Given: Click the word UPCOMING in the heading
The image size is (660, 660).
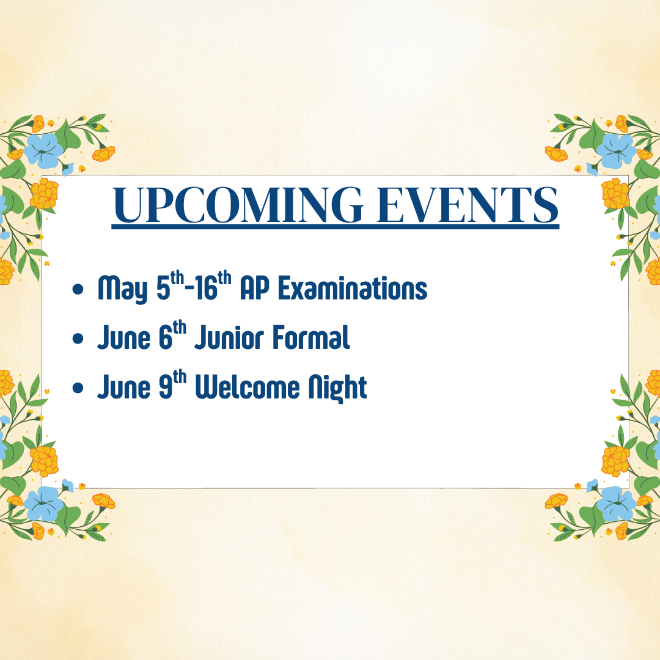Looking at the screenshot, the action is [x=238, y=205].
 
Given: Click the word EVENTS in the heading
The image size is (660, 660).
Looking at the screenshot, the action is [x=468, y=205].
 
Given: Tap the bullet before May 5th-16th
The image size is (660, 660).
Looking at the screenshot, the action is [x=78, y=289].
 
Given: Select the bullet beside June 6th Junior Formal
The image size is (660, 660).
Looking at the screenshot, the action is [x=78, y=339].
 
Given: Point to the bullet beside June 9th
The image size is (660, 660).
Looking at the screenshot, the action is [x=78, y=387].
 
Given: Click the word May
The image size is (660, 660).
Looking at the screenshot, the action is [x=122, y=290].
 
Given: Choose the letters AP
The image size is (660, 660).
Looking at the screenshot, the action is [x=254, y=288].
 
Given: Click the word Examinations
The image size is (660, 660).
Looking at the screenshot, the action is [x=353, y=288].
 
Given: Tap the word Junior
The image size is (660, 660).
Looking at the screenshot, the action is [x=229, y=337].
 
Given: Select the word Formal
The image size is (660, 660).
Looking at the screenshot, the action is [x=311, y=337].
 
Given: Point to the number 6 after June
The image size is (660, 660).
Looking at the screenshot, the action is [x=166, y=338].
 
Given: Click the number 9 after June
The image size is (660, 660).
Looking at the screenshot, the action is [x=166, y=387].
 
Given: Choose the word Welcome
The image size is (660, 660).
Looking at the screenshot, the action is [x=248, y=387].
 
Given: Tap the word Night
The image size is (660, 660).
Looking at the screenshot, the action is [x=337, y=387].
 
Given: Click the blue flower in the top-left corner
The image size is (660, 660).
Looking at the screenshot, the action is [x=43, y=150].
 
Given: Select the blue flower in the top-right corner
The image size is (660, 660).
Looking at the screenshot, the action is [x=616, y=150].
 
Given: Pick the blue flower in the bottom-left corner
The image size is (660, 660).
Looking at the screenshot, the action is [x=43, y=504].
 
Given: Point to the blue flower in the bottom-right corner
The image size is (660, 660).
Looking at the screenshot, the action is [x=616, y=504].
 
